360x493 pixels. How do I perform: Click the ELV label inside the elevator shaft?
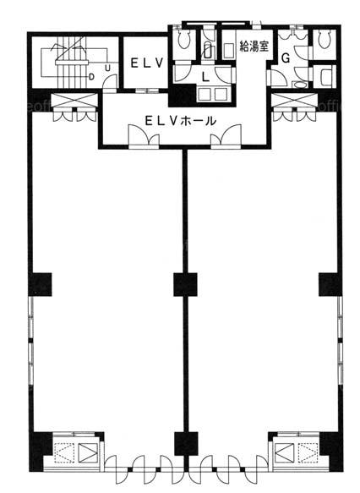(x=147, y=63)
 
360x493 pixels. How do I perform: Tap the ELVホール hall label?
(x=180, y=120)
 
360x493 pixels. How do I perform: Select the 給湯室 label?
(x=254, y=47)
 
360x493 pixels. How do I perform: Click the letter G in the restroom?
(x=286, y=58)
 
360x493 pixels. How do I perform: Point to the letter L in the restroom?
(x=205, y=77)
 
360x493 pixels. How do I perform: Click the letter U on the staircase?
(x=107, y=68)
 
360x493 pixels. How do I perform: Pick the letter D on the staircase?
(x=91, y=77)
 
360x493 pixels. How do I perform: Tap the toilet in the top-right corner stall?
(x=325, y=40)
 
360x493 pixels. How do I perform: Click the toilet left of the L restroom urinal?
(x=183, y=39)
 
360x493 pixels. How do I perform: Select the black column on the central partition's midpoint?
(x=185, y=284)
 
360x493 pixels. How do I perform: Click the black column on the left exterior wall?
(x=40, y=284)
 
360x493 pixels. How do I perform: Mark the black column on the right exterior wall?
(x=330, y=284)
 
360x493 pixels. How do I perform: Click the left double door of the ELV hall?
(x=144, y=136)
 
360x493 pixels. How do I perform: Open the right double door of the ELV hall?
(x=226, y=136)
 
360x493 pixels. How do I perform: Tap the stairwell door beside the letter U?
(x=110, y=82)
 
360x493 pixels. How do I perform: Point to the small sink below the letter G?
(x=299, y=85)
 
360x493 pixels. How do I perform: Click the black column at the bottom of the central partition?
(x=186, y=444)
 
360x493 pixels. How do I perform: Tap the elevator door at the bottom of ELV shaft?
(x=148, y=90)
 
